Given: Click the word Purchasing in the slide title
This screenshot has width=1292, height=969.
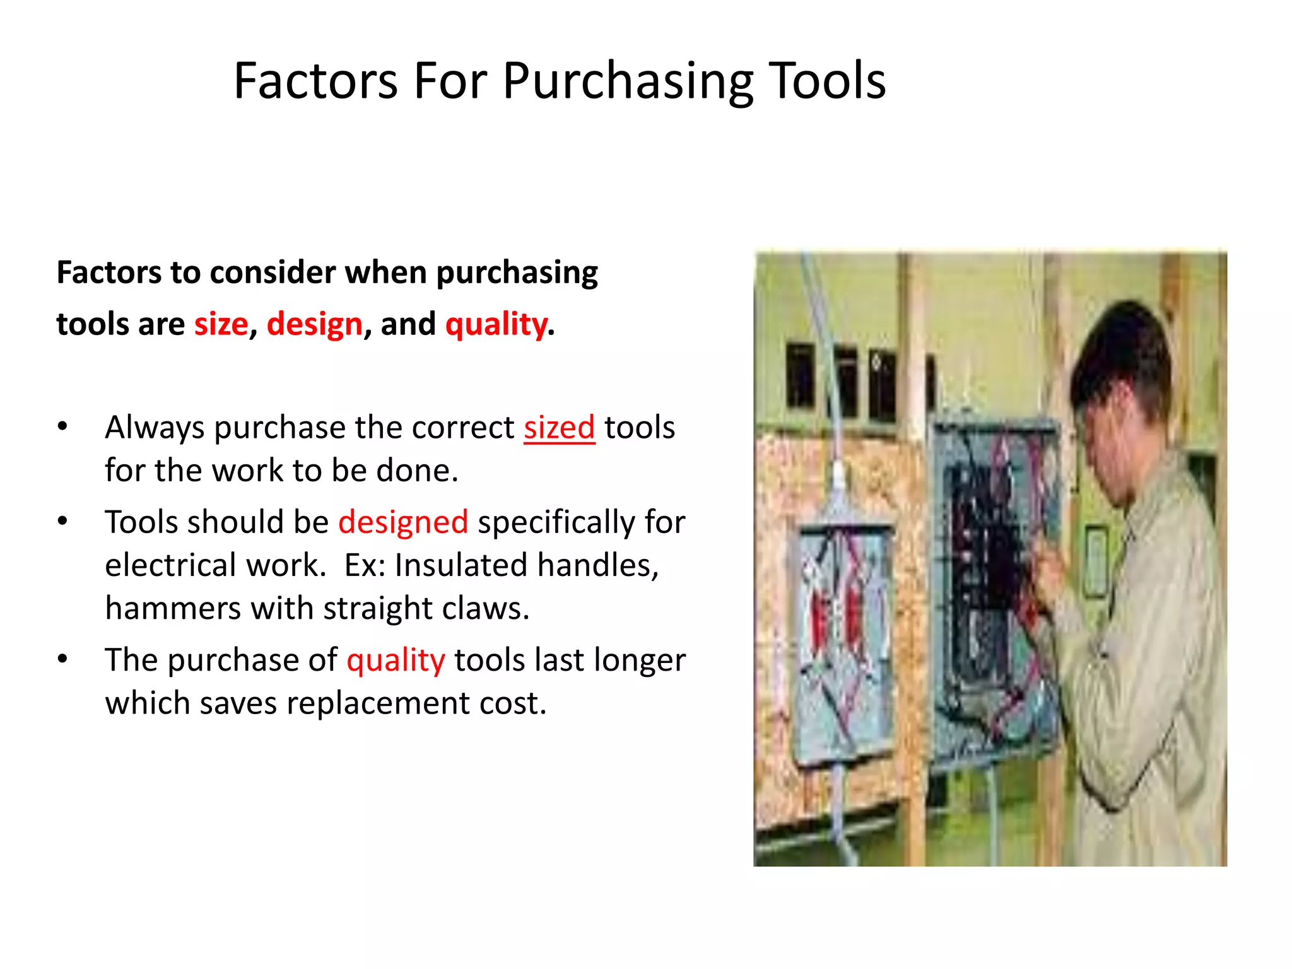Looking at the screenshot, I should coord(628,82).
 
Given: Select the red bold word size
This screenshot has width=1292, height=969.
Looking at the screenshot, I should coord(221,324).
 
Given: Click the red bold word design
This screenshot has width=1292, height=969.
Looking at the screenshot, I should coord(314,324).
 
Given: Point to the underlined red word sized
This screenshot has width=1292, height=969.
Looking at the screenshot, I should coord(559,428).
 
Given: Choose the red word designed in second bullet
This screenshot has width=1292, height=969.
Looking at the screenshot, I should coord(403,522).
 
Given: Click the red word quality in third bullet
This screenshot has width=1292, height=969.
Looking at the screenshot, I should coord(396,661).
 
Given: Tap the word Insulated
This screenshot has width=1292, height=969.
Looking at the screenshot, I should coord(461,565).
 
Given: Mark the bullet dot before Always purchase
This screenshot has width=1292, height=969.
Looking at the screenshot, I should coord(62,427).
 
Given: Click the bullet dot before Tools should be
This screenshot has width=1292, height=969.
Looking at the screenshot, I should coord(62,522).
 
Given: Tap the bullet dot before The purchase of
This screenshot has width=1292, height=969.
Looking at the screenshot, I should coord(62,659).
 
